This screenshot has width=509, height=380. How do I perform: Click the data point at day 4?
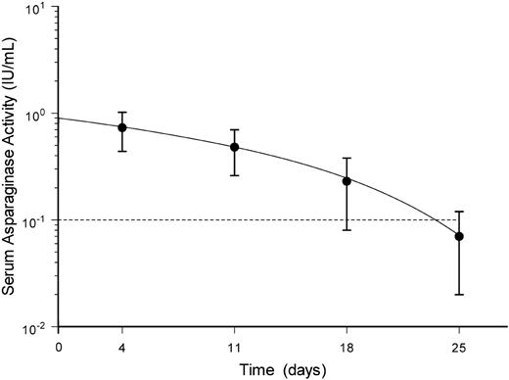(122, 127)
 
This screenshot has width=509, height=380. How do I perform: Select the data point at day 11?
(235, 147)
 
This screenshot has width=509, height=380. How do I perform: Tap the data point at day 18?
(347, 181)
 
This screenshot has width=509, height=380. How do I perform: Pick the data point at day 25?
(459, 236)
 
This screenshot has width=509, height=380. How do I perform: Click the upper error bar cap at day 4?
(122, 112)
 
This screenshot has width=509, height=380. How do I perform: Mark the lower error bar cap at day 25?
(459, 295)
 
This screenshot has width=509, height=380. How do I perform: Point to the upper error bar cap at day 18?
(347, 158)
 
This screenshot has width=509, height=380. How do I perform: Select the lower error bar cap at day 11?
(235, 175)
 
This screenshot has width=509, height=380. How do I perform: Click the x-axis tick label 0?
(59, 345)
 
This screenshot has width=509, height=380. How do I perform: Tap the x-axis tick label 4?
(122, 345)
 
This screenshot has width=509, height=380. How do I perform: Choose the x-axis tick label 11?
(235, 345)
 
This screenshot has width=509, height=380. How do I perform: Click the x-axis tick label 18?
(347, 345)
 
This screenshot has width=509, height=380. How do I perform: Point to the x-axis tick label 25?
(459, 345)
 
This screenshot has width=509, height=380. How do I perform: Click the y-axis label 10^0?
(39, 114)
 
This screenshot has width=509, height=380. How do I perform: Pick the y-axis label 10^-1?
(38, 220)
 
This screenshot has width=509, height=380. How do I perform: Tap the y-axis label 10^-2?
(38, 326)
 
